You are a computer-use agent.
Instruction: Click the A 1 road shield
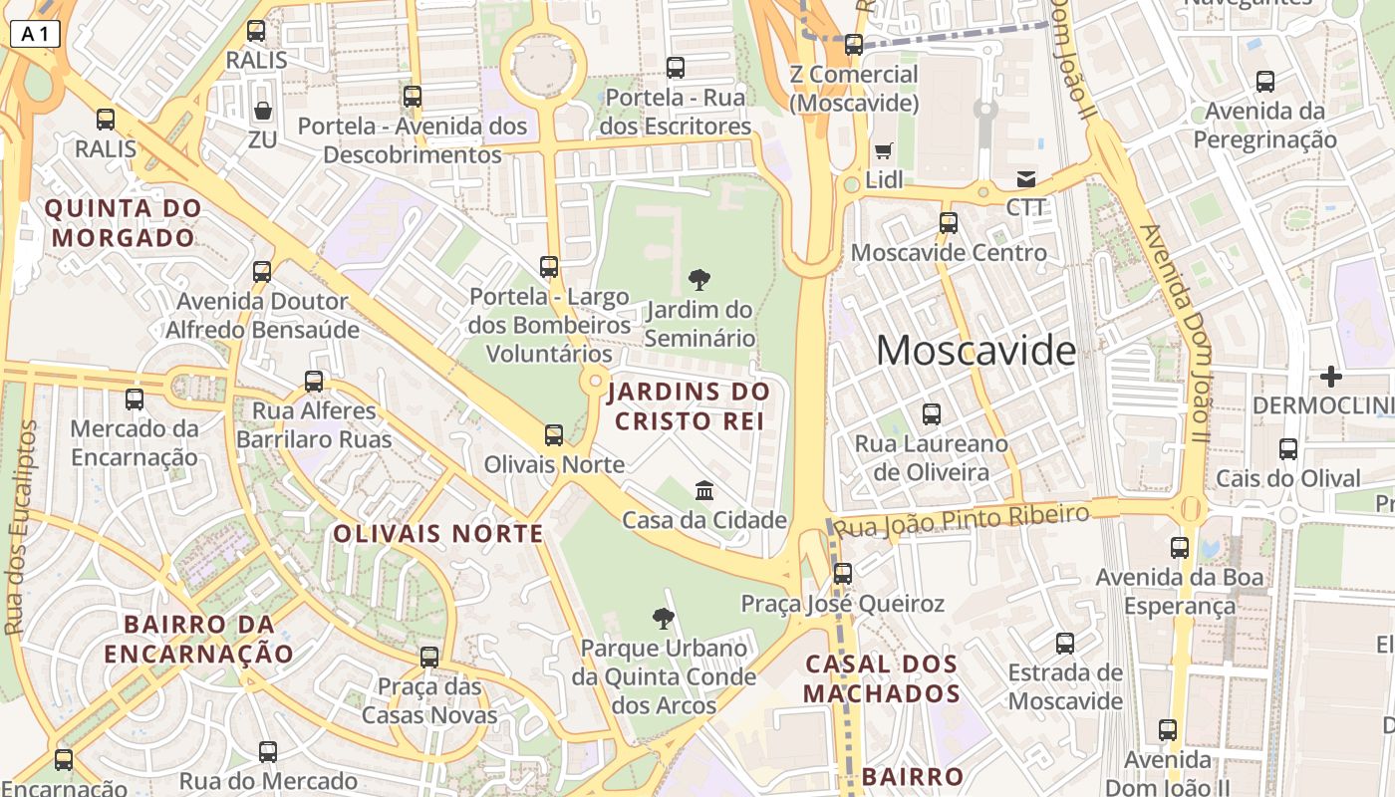point(35,34)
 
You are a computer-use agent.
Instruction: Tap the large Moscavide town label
point(976,351)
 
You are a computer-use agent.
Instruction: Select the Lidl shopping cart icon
point(883,151)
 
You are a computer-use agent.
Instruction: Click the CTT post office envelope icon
point(1025,179)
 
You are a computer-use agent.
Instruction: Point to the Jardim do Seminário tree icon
point(699,280)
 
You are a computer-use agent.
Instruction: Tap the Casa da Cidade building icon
point(704,490)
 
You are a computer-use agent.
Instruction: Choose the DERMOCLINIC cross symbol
point(1330,377)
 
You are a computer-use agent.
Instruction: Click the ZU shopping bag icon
point(263,110)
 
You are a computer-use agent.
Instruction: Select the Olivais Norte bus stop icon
point(554,435)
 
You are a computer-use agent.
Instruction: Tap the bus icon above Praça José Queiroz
point(843,573)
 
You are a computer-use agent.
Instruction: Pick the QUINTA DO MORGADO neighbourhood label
point(124,223)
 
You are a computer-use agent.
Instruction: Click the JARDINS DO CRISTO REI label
point(689,405)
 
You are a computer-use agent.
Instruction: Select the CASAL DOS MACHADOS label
point(882,678)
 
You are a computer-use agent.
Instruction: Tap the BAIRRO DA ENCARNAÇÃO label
point(199,639)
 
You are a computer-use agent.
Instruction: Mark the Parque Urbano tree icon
point(663,620)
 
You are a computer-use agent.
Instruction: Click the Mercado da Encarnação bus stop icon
point(135,399)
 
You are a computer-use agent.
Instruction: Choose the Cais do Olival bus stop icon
point(1288,449)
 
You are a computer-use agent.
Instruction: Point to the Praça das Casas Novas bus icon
point(429,658)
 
